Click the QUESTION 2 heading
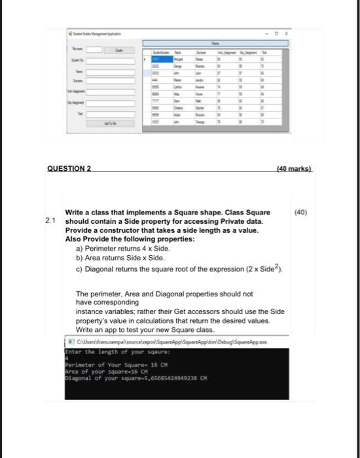69,168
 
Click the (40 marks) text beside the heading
295,168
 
